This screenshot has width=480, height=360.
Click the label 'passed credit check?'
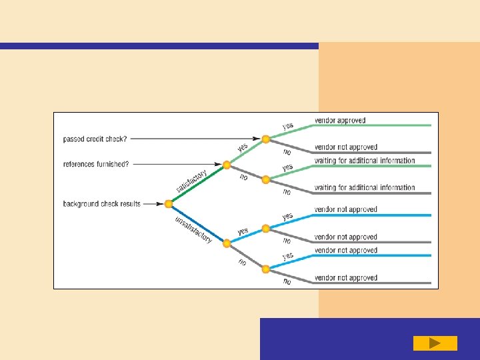95,139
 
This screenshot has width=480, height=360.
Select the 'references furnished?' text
95,163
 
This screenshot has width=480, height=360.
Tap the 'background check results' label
101,203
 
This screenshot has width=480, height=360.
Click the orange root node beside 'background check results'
169,204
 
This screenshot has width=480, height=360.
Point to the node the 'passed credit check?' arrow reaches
266,139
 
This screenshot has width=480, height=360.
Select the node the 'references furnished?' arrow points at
227,165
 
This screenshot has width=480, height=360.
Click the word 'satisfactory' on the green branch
191,181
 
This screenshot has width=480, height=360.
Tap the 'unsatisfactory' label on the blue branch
193,229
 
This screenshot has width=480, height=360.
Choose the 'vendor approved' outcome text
340,121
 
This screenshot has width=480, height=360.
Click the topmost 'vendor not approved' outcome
345,147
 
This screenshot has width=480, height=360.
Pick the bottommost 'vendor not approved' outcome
345,278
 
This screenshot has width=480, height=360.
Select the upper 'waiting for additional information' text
364,161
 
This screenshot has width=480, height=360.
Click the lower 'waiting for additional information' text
364,188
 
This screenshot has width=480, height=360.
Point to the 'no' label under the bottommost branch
287,281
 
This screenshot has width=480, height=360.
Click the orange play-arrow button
435,343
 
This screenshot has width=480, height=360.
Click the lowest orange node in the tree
266,269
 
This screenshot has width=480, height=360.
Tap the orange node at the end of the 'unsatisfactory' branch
227,243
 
